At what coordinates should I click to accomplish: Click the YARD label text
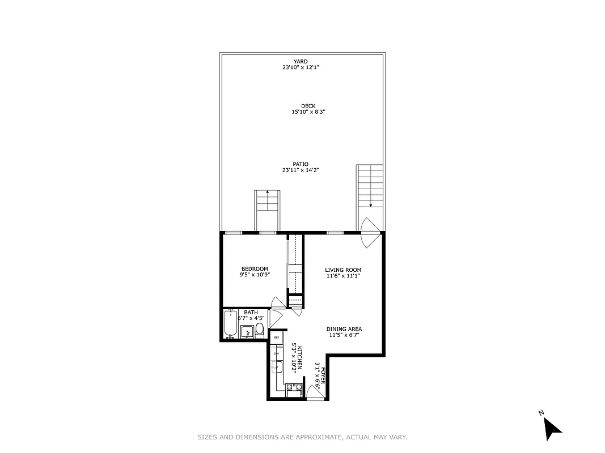pos(301,61)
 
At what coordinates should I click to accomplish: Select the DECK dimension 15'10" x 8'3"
pos(308,112)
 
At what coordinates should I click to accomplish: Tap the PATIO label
pos(301,164)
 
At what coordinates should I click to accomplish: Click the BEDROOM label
pos(255,269)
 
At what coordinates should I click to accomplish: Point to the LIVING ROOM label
pos(343,270)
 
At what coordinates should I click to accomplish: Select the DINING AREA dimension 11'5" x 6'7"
pos(344,335)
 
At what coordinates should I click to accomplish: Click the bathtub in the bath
pos(230,323)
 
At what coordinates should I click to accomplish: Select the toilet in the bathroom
pos(259,330)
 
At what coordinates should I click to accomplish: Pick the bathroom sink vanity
pos(247,332)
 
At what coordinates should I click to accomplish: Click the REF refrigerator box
pos(277,337)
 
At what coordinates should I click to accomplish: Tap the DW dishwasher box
pos(277,353)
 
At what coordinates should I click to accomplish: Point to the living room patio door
pos(369,232)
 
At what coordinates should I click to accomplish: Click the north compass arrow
pos(552,428)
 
